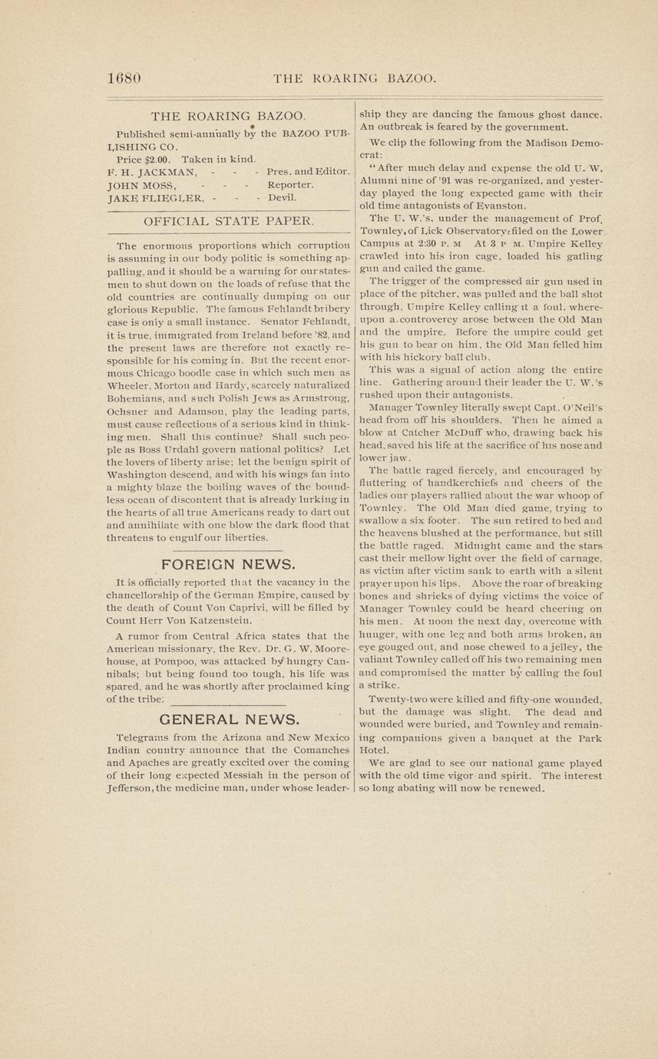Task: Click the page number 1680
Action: point(124,78)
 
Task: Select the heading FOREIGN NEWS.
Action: point(228,565)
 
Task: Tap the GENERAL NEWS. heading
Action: point(229,719)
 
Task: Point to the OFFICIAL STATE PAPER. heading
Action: point(229,221)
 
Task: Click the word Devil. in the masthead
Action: point(282,197)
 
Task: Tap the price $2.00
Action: point(154,158)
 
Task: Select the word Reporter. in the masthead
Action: point(290,184)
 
